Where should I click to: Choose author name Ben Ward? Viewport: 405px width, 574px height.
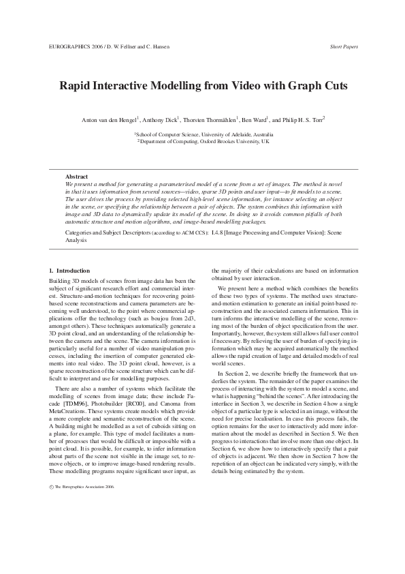pos(253,119)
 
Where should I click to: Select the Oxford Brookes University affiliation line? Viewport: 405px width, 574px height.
pos(204,142)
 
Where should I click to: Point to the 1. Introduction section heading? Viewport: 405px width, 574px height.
pos(70,271)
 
